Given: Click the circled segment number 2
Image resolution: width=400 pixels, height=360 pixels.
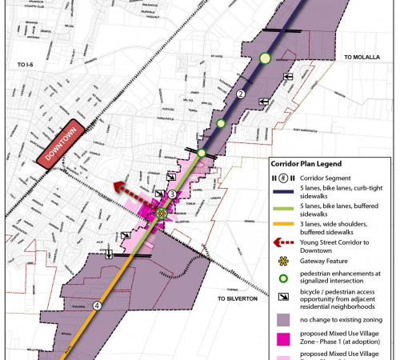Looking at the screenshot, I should pyautogui.click(x=241, y=95).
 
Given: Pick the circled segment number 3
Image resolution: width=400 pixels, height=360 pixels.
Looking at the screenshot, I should pyautogui.click(x=172, y=194).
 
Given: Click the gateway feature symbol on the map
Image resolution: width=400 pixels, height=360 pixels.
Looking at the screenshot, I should pyautogui.click(x=162, y=214).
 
